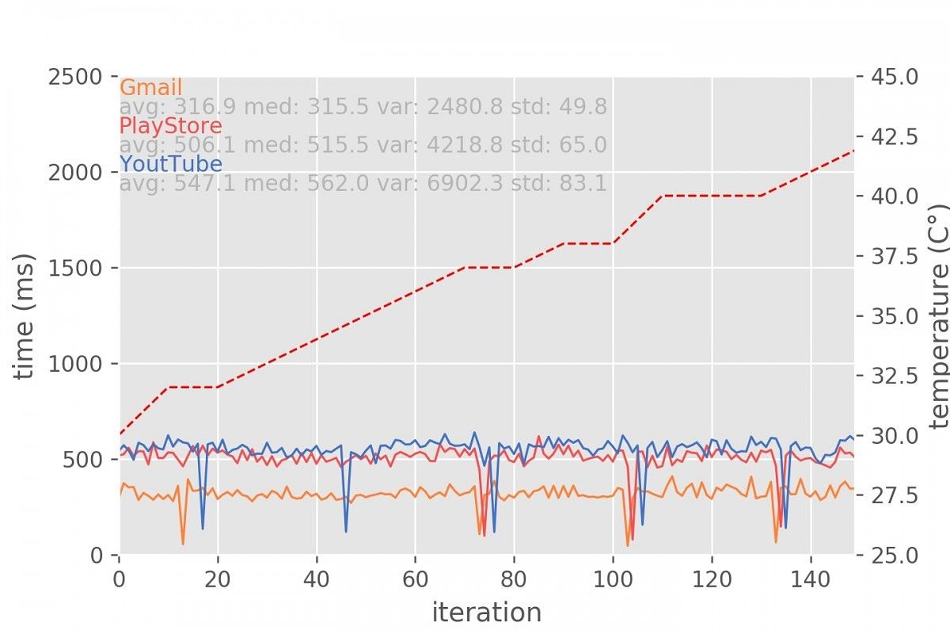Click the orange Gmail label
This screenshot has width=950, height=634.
(151, 88)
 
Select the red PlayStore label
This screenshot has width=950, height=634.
(171, 126)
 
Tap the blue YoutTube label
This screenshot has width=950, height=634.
(171, 164)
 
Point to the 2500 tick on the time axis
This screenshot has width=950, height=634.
(75, 78)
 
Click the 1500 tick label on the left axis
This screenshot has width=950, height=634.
(75, 268)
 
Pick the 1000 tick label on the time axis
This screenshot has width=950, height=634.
(75, 364)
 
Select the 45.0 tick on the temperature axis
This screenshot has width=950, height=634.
(895, 77)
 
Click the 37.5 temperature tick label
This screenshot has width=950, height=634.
(895, 257)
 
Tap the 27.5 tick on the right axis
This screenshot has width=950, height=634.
(895, 495)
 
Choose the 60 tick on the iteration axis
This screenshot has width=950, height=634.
(415, 579)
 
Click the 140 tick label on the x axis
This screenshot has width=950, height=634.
(811, 579)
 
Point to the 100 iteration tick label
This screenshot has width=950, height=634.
(613, 579)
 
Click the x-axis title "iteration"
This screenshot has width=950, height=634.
(487, 613)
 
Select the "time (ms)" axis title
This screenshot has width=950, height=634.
(23, 316)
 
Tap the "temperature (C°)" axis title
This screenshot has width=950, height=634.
(938, 316)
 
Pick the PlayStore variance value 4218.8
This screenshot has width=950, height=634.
(465, 145)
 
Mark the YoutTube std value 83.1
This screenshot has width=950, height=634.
(583, 183)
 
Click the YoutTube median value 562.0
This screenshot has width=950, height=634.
(338, 183)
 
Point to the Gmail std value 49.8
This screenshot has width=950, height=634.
(583, 106)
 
